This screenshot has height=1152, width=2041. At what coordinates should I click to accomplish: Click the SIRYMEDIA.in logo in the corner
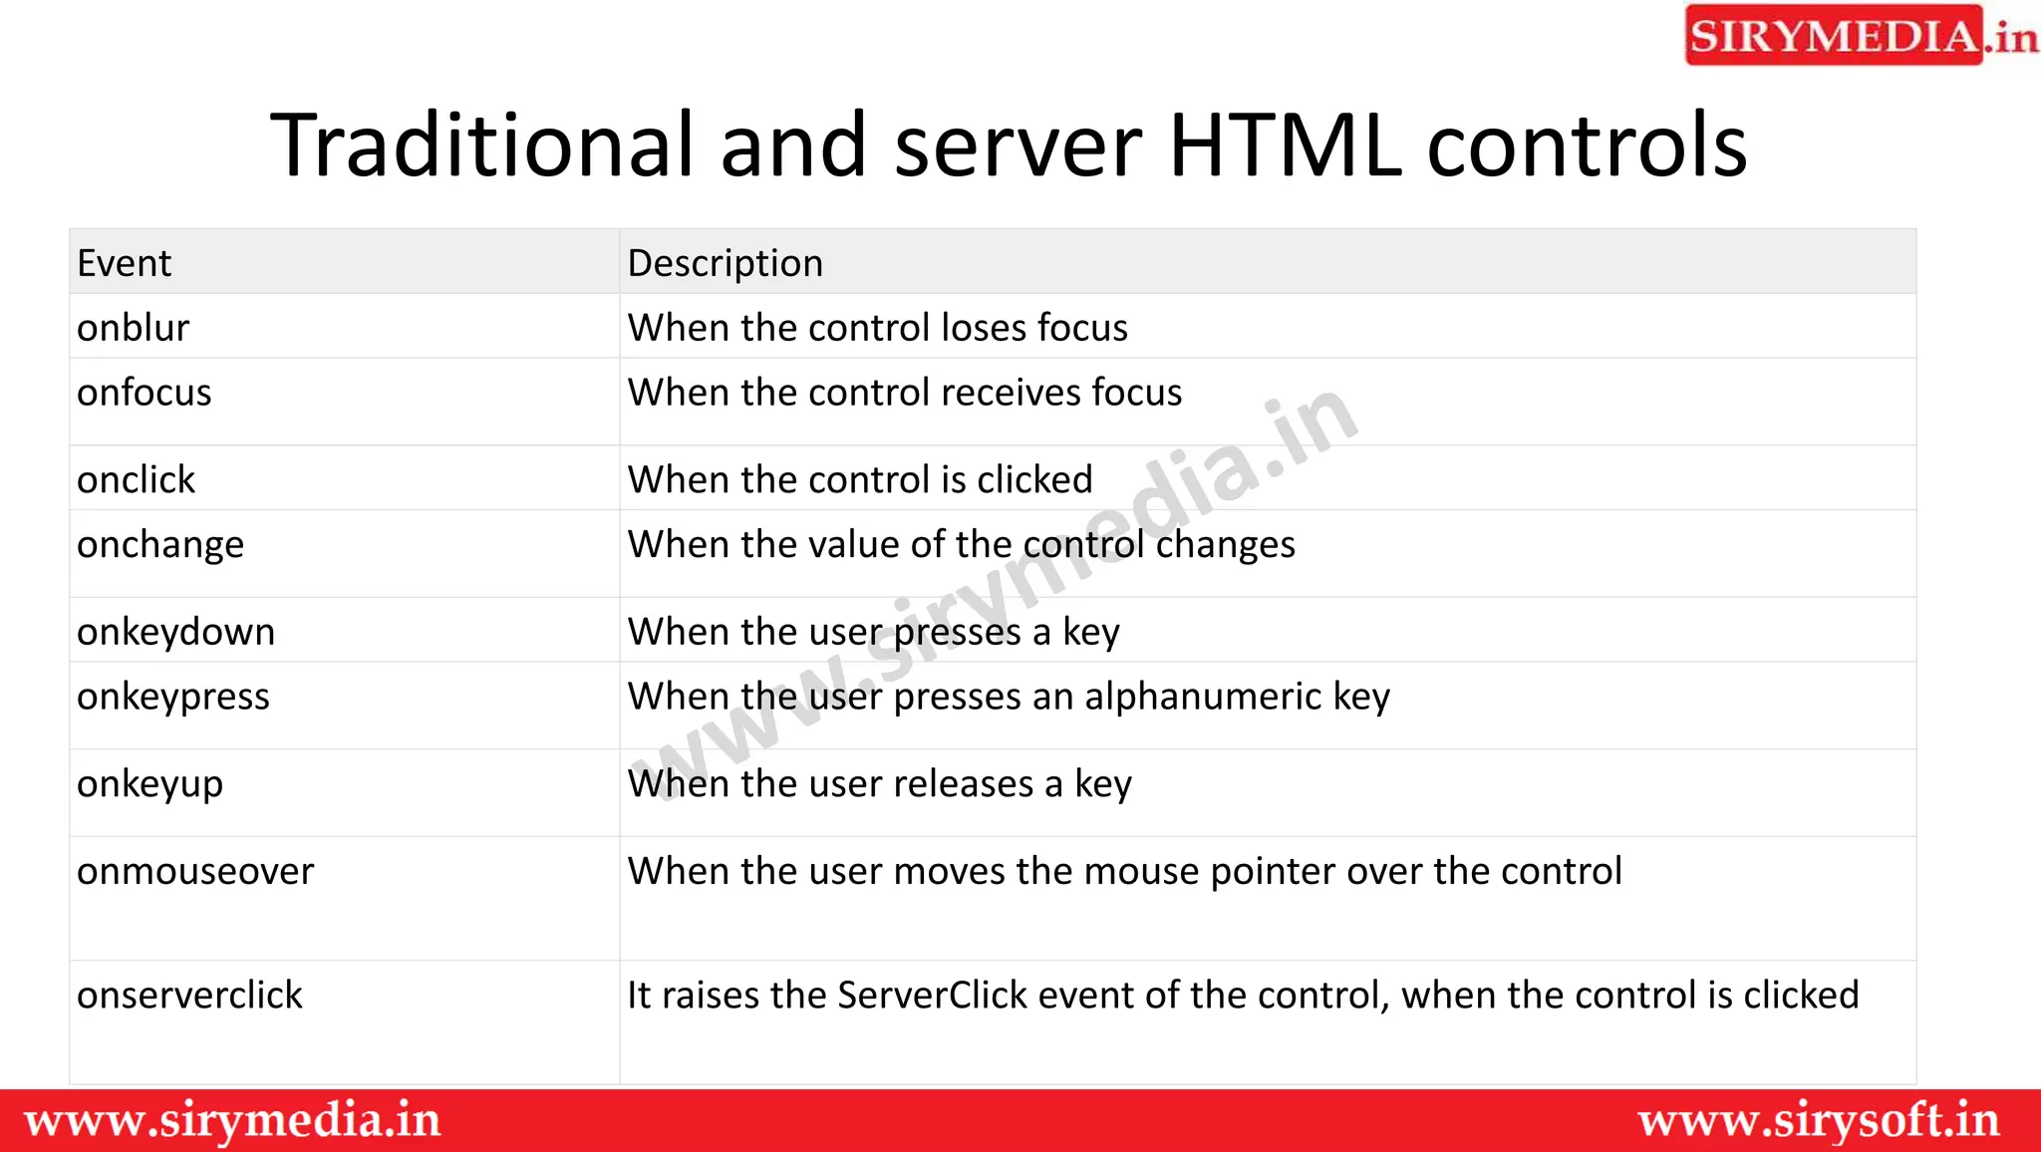pyautogui.click(x=1860, y=36)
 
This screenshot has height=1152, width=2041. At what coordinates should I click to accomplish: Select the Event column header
pyautogui.click(x=125, y=263)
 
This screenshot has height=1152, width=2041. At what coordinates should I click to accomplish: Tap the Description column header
pyautogui.click(x=725, y=263)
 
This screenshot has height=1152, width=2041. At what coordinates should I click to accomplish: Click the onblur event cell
pyautogui.click(x=133, y=328)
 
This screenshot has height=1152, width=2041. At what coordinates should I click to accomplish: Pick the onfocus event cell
pyautogui.click(x=144, y=393)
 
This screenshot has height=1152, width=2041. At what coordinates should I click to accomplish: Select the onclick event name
pyautogui.click(x=136, y=480)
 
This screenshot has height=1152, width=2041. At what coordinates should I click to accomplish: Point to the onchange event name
pyautogui.click(x=159, y=545)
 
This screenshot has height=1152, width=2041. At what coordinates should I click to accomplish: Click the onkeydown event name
pyautogui.click(x=175, y=632)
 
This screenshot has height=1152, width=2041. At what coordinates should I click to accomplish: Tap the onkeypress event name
pyautogui.click(x=172, y=697)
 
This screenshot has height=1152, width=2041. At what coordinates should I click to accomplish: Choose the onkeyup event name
pyautogui.click(x=149, y=784)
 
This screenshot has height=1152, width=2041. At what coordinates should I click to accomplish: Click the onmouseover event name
pyautogui.click(x=195, y=872)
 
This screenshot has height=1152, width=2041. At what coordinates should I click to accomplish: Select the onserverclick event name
pyautogui.click(x=189, y=996)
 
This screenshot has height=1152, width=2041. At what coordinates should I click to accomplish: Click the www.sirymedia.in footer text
pyautogui.click(x=232, y=1121)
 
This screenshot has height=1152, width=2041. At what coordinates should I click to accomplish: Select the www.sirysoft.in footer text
pyautogui.click(x=1819, y=1121)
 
